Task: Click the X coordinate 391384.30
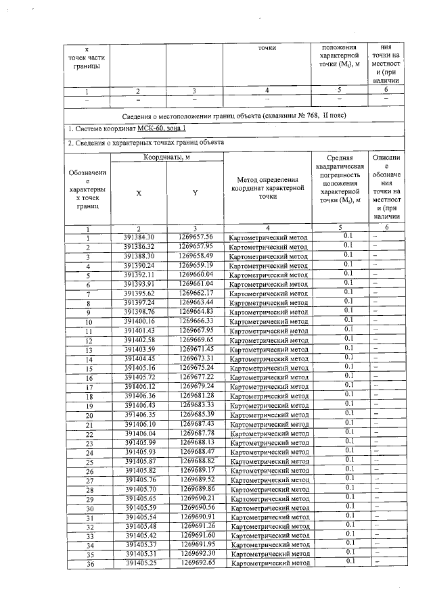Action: click(x=139, y=237)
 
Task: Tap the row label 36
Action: click(x=89, y=563)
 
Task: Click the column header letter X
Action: click(x=139, y=193)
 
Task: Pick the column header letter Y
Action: click(x=195, y=193)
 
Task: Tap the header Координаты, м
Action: click(x=166, y=157)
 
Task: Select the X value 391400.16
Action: click(x=139, y=320)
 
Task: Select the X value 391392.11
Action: click(x=139, y=274)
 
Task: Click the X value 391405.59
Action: click(x=139, y=507)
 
